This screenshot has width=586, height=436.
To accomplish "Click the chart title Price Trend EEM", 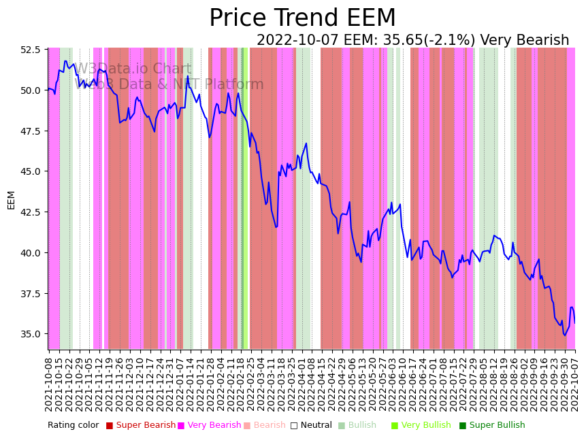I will point(302,18).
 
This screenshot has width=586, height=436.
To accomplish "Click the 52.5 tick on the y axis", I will point(30,50).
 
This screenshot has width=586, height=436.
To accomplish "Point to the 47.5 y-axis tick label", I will point(30,131).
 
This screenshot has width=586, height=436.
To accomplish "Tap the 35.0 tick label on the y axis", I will point(30,334).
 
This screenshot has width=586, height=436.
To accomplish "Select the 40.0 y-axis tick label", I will point(30,253).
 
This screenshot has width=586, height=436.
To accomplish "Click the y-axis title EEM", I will point(11,199).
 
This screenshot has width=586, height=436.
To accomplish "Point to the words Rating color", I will point(73,425).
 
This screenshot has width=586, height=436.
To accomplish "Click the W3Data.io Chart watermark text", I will point(133,69).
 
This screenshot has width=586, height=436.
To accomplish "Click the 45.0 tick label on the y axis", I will point(30,171).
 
